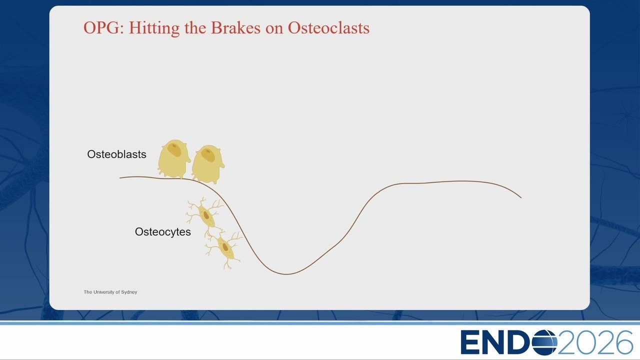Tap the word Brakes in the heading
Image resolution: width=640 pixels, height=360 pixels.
235,27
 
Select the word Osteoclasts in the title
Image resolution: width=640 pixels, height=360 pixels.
328,27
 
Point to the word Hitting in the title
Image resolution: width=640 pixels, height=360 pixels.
154,28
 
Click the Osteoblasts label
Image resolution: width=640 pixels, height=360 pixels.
116,154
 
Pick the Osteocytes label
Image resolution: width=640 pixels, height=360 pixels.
163,231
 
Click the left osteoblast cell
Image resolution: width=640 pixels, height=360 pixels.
173,159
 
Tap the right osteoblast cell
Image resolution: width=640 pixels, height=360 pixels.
208,164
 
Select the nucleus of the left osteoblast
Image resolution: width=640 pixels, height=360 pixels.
174,149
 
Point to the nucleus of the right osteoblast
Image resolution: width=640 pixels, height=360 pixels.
208,155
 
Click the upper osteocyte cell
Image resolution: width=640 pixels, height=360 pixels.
205,215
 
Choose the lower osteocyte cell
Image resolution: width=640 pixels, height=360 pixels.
224,248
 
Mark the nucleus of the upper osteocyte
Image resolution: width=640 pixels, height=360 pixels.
206,215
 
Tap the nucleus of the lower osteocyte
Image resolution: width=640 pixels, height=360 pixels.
225,247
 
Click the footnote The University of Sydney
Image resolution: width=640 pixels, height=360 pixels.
110,292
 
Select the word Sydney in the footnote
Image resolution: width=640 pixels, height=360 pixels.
129,292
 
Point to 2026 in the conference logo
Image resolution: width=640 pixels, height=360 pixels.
595,342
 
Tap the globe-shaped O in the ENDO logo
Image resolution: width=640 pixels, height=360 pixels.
544,342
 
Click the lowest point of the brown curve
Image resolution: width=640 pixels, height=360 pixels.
286,274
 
